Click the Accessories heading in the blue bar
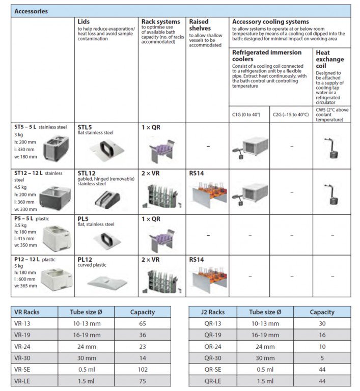click(31, 11)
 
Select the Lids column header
click(84, 22)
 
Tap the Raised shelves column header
click(199, 25)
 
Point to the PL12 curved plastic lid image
click(106, 280)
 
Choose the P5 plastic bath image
click(52, 236)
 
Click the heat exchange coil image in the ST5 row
click(331, 148)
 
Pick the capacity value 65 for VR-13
click(142, 324)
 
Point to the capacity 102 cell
click(142, 370)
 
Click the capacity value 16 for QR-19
click(322, 336)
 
